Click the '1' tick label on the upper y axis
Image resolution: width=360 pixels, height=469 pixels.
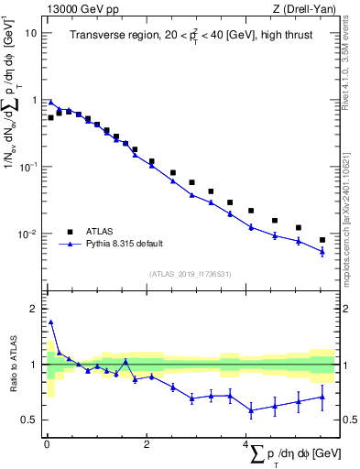pyautogui.click(x=35, y=100)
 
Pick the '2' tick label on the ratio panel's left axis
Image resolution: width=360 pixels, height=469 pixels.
pyautogui.click(x=35, y=309)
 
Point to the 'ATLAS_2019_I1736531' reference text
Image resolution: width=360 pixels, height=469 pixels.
pyautogui.click(x=189, y=273)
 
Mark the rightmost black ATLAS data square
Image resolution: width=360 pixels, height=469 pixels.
pyautogui.click(x=322, y=240)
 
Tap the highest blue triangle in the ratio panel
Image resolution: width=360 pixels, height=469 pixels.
pyautogui.click(x=50, y=322)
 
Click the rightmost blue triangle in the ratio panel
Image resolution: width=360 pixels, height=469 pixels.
pyautogui.click(x=322, y=397)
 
